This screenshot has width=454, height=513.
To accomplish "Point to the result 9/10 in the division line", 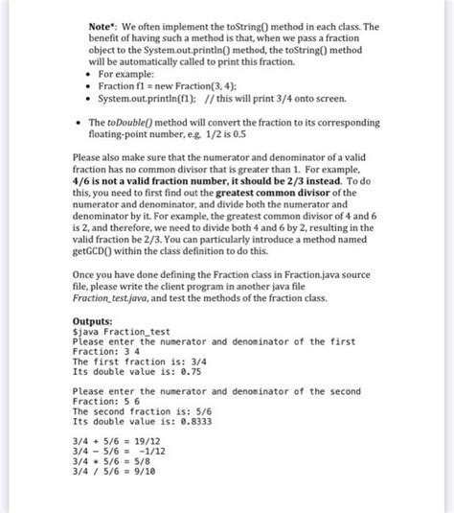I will click(x=143, y=474).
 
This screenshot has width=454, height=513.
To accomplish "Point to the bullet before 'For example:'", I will click(x=78, y=75).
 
